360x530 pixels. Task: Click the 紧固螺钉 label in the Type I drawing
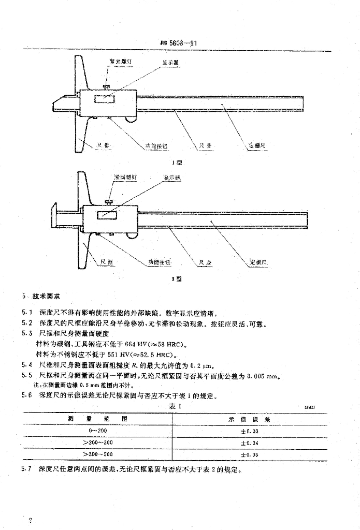pyautogui.click(x=121, y=61)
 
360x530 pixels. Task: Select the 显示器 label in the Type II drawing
pyautogui.click(x=172, y=178)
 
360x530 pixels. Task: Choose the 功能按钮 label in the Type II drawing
pyautogui.click(x=156, y=263)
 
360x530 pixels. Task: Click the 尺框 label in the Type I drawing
pyautogui.click(x=103, y=146)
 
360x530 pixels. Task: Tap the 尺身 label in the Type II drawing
pyautogui.click(x=205, y=263)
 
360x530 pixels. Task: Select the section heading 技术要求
pyautogui.click(x=47, y=296)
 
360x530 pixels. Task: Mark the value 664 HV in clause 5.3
pyautogui.click(x=141, y=344)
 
